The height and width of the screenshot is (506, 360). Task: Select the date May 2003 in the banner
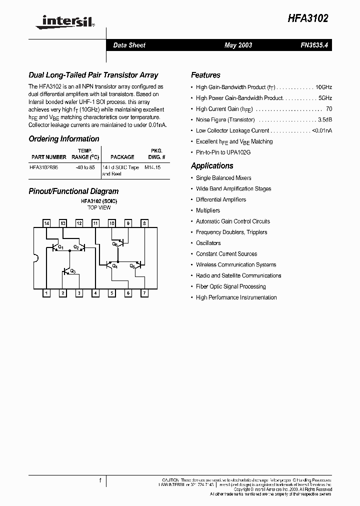point(238,45)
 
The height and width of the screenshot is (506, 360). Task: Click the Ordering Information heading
point(64,139)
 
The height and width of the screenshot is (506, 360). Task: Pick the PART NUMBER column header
point(48,157)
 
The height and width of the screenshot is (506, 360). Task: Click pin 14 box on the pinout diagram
point(46,223)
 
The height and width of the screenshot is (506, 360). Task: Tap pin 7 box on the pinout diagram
point(144,293)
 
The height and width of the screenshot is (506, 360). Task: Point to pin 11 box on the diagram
point(95,223)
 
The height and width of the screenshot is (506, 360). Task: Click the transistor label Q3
point(73,271)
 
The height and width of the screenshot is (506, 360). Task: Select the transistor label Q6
point(114,244)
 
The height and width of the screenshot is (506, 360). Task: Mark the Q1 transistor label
point(60,247)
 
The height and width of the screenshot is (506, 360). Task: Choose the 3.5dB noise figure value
point(325,120)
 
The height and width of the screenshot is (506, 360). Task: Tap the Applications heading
point(212,166)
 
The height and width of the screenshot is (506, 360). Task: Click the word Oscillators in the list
point(208,243)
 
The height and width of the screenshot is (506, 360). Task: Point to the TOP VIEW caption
point(99,207)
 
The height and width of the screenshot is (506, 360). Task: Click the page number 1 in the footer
point(100,481)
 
